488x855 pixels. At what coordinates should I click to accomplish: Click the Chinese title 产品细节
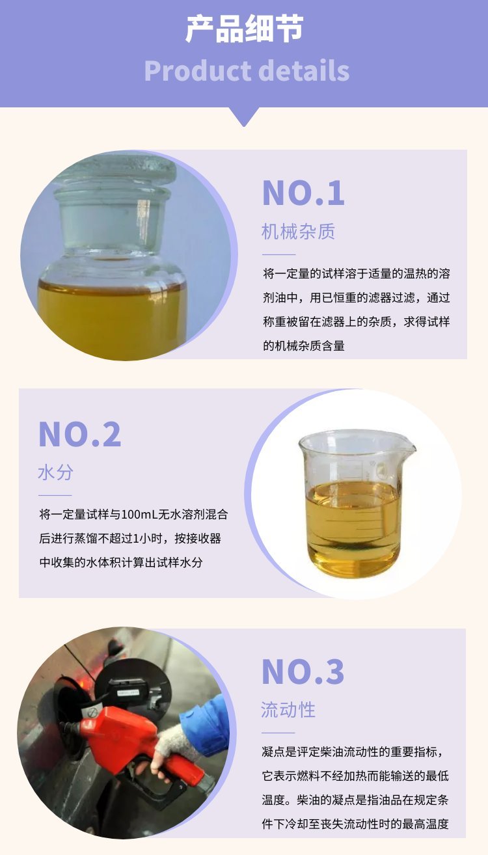(x=244, y=29)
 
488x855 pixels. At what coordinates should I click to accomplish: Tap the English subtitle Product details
(x=247, y=71)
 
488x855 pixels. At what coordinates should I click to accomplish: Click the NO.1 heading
(x=304, y=193)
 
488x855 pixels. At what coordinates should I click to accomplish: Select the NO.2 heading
(x=80, y=435)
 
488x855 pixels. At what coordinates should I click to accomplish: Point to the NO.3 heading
(x=303, y=672)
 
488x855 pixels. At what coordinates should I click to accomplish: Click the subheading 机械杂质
(x=299, y=232)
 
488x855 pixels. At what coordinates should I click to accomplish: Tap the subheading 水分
(x=56, y=472)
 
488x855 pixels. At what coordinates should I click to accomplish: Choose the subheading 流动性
(x=288, y=711)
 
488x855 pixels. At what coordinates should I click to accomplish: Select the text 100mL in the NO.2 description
(x=140, y=515)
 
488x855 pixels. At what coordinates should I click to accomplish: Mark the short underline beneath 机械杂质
(x=279, y=254)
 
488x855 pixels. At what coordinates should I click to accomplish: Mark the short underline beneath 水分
(x=55, y=495)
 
